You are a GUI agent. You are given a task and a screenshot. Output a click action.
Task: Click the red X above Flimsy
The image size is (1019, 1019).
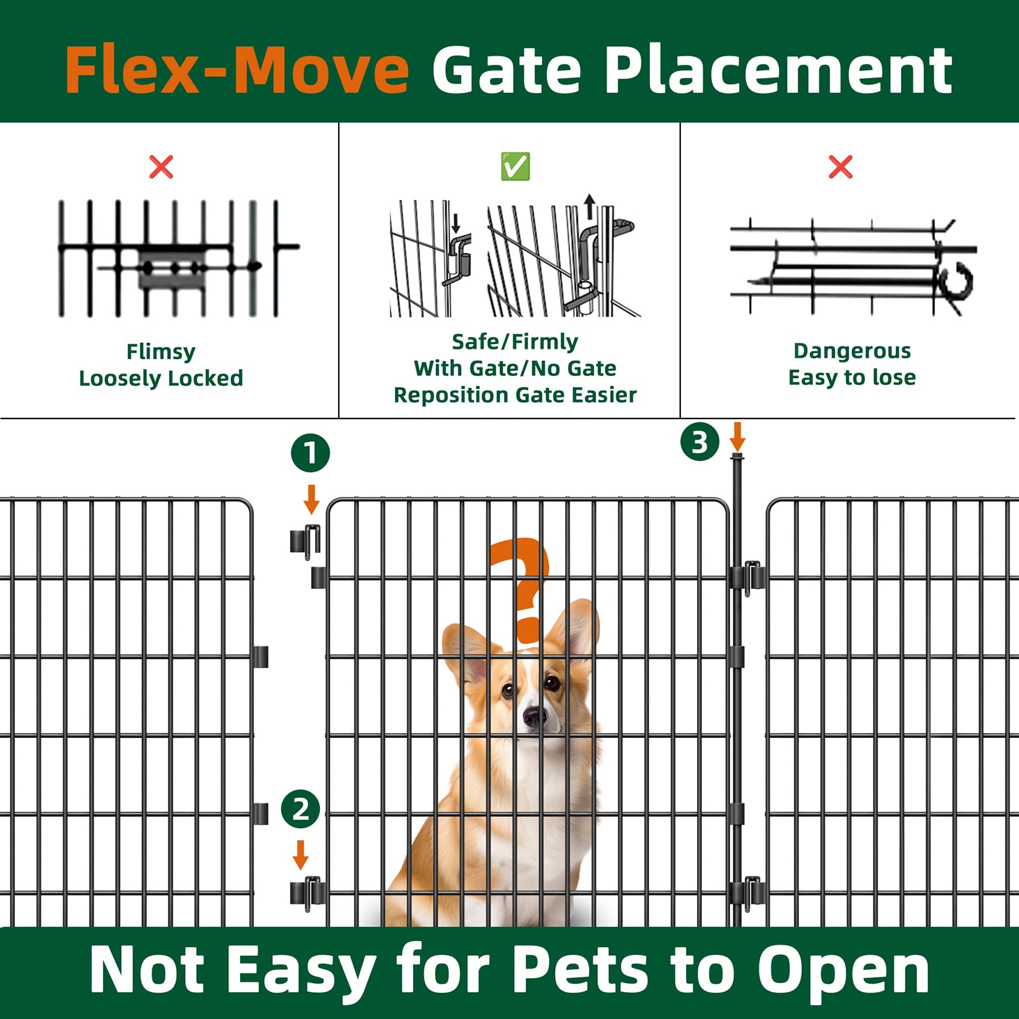tap(161, 167)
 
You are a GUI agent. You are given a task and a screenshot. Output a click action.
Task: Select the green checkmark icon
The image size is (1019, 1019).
tap(515, 167)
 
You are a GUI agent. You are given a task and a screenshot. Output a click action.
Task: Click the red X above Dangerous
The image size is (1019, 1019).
tap(840, 167)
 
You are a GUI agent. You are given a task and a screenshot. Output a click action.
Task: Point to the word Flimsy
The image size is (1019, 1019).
tap(161, 352)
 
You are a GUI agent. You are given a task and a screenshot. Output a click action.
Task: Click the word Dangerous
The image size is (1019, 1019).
tap(852, 351)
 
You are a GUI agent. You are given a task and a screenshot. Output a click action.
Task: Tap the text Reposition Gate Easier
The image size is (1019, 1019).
tap(515, 395)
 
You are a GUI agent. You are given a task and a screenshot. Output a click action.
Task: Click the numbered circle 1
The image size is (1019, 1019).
tap(310, 453)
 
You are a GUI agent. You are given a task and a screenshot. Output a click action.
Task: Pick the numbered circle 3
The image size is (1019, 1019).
tap(700, 442)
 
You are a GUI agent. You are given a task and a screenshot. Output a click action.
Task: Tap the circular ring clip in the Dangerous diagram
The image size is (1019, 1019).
tap(957, 281)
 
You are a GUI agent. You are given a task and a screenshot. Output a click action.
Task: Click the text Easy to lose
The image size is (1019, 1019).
tap(852, 378)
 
